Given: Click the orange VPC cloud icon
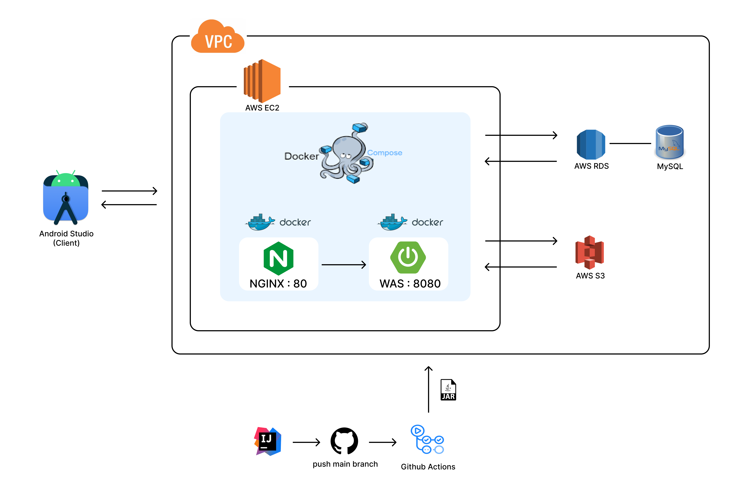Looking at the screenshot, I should pyautogui.click(x=218, y=37).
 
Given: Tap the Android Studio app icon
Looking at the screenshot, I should pyautogui.click(x=66, y=198).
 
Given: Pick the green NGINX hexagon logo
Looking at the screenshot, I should pyautogui.click(x=278, y=258).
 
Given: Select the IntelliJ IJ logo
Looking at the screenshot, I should pyautogui.click(x=268, y=441).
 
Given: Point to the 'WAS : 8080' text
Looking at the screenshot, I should pyautogui.click(x=410, y=283).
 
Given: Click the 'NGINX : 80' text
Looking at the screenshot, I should pyautogui.click(x=278, y=283).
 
